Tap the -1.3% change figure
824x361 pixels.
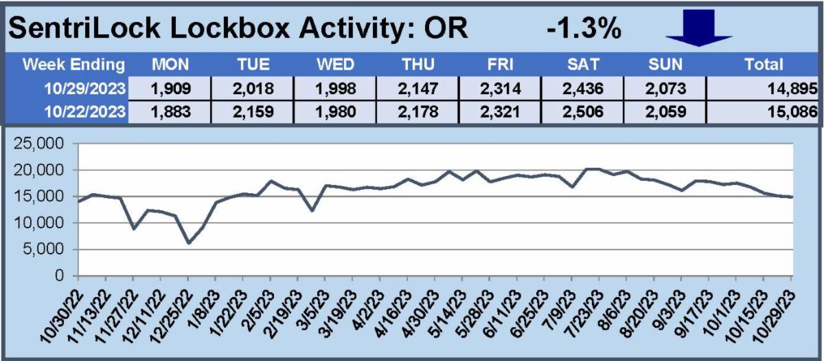[x=584, y=29]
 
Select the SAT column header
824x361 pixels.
[x=583, y=65]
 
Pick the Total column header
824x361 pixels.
[x=764, y=65]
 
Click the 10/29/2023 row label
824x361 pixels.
[x=84, y=89]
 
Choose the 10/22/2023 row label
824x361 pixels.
[x=84, y=111]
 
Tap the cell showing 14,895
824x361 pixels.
[x=792, y=89]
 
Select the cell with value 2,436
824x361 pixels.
[x=583, y=89]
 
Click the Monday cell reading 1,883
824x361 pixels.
[x=171, y=111]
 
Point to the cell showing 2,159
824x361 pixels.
[x=253, y=111]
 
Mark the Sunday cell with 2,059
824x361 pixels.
[x=665, y=111]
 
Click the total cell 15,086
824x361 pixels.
[x=792, y=111]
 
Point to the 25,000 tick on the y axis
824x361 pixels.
[x=38, y=143]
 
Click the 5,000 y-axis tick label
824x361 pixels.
[x=43, y=249]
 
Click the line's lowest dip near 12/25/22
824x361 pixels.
[x=189, y=243]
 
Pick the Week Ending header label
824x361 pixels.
[x=73, y=65]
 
